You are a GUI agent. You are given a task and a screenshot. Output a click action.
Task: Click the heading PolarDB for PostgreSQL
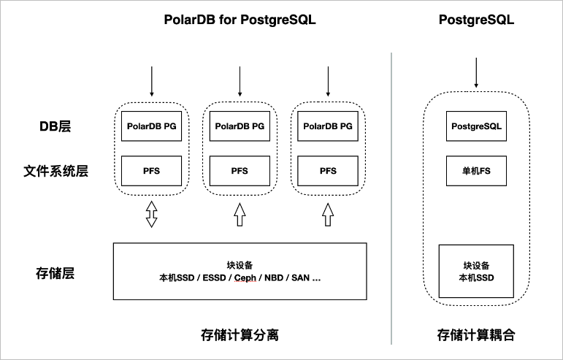click(x=240, y=20)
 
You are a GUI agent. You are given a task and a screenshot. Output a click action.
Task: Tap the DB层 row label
click(x=55, y=126)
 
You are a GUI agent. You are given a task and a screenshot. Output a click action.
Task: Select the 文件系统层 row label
click(x=55, y=171)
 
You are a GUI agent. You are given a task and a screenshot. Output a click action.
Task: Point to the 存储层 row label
click(x=55, y=274)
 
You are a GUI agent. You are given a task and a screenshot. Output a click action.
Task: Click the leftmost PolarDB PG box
click(x=151, y=126)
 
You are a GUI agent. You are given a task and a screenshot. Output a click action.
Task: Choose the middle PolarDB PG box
click(x=240, y=126)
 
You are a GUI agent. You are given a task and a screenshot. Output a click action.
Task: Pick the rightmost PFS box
click(x=328, y=171)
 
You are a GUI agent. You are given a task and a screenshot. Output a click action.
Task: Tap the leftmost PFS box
click(x=151, y=171)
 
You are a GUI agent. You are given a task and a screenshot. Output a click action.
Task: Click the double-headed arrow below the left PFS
click(x=151, y=214)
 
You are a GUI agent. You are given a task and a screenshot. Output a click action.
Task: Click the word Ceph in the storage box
click(x=246, y=278)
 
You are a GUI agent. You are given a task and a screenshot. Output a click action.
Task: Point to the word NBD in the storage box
click(x=274, y=278)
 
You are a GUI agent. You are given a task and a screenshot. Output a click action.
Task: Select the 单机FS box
click(x=476, y=171)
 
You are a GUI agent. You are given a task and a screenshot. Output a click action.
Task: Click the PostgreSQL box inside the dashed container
click(x=476, y=126)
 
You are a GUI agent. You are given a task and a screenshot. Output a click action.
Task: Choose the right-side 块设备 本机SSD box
click(x=476, y=272)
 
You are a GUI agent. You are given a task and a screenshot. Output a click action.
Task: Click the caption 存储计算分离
click(x=240, y=335)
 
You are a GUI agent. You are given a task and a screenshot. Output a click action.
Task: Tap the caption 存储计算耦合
click(x=476, y=335)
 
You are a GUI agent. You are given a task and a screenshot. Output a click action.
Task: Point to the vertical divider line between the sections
click(x=392, y=197)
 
